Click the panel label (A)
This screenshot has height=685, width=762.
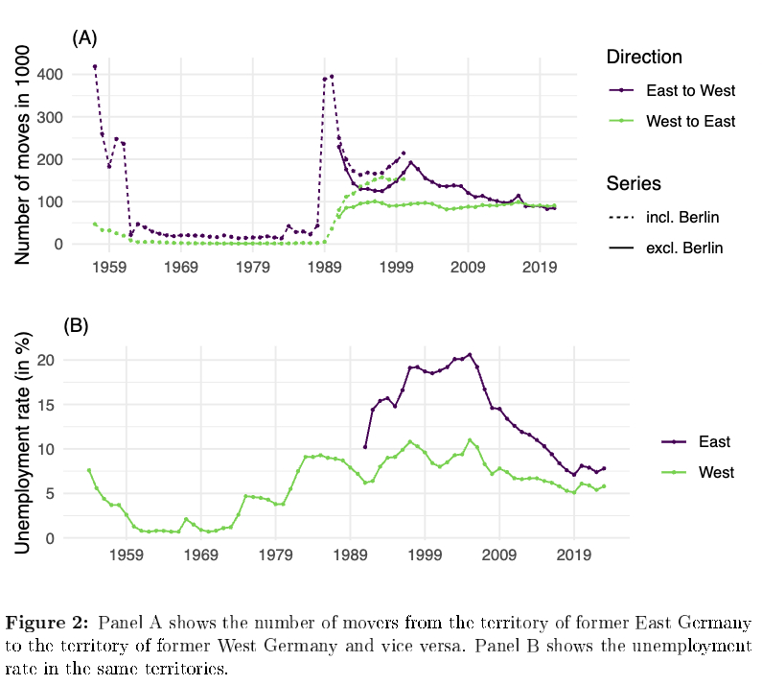[85, 37]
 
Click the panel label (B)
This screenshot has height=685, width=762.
[76, 325]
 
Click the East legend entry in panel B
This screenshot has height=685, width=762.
[714, 441]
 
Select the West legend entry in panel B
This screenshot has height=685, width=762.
[715, 472]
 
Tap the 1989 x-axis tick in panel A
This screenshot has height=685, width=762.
[324, 265]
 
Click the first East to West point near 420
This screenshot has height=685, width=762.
[95, 67]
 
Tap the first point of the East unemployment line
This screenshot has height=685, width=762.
[365, 447]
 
